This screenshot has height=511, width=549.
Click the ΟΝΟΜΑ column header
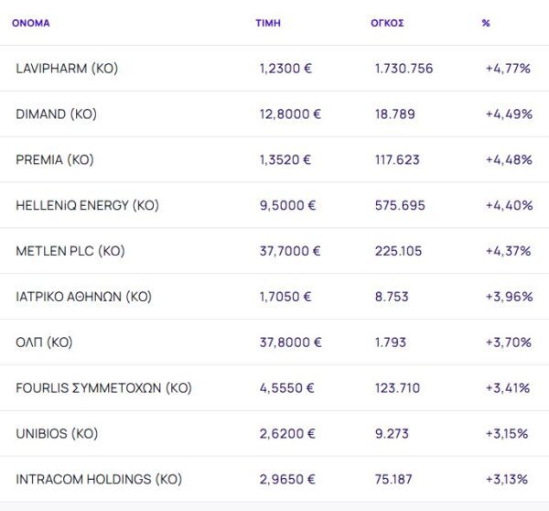[30, 23]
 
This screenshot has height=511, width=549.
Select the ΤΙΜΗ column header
[268, 23]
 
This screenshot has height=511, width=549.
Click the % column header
[486, 23]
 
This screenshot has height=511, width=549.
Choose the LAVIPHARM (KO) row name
[67, 69]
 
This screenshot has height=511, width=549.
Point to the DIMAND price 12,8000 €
[290, 114]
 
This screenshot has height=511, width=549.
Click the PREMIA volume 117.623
[397, 159]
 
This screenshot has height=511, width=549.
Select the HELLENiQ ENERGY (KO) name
[87, 205]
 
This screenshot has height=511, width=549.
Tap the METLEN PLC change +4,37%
[509, 251]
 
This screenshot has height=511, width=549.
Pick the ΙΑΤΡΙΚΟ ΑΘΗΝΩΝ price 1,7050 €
[285, 297]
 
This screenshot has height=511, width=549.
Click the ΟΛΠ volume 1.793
[392, 342]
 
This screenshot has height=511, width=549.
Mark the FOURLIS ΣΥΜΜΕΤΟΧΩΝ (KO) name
[103, 387]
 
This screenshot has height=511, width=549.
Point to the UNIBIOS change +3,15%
[507, 433]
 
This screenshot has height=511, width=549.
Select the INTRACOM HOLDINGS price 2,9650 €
[287, 479]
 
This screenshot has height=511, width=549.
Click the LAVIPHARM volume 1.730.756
[404, 69]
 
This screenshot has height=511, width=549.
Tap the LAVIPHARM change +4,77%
[509, 69]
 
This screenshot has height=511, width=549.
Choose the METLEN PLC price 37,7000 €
[290, 251]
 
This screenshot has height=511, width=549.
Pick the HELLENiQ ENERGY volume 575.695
[400, 205]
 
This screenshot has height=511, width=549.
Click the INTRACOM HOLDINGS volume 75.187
[397, 479]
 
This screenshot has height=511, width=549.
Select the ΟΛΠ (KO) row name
[44, 342]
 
